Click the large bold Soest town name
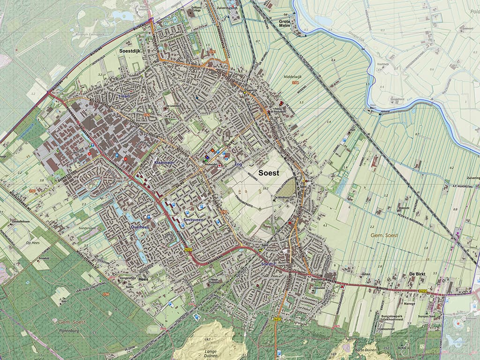tap(269, 172)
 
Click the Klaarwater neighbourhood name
tap(164, 162)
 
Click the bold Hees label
tap(144, 279)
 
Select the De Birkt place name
tap(417, 273)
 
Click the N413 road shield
tap(277, 319)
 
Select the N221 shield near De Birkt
tap(423, 291)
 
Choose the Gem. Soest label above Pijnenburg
tap(70, 322)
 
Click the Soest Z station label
tap(268, 264)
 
